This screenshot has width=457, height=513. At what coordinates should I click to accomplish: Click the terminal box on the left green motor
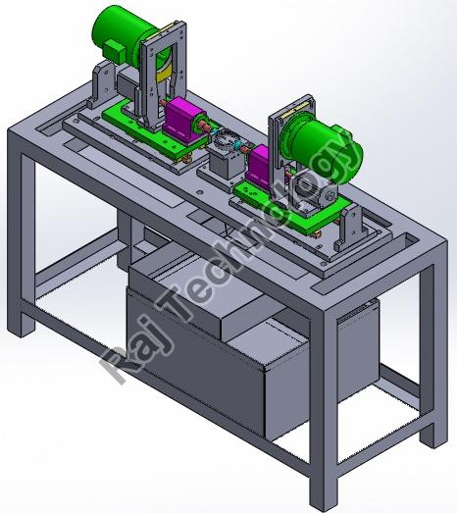[x=114, y=51]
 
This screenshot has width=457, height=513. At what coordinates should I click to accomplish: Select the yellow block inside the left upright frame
[x=164, y=76]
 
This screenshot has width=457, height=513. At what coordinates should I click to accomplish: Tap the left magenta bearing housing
[x=181, y=120]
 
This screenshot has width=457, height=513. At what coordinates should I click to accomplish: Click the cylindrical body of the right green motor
[x=324, y=144]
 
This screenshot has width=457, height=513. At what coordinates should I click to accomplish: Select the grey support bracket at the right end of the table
[x=348, y=229]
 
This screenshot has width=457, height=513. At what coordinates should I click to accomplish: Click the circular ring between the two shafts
[x=225, y=140]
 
